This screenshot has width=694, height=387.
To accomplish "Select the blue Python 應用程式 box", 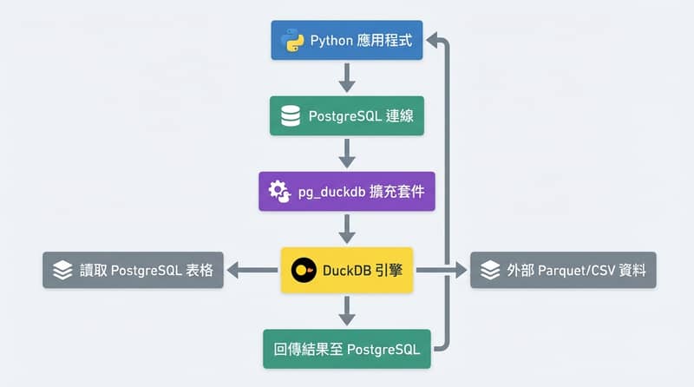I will tap(346, 41).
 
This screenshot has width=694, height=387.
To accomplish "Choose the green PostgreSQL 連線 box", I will tap(346, 115).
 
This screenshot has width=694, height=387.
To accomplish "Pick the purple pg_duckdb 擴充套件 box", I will tap(346, 191).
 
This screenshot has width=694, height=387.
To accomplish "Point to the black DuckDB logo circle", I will tap(303, 270).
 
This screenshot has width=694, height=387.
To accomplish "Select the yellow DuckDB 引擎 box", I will tap(346, 270).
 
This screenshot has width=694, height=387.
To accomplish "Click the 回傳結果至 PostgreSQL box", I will tap(346, 350).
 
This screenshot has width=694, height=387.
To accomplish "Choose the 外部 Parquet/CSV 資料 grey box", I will tap(563, 270).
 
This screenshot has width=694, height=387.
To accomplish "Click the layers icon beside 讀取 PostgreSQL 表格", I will tap(62, 270).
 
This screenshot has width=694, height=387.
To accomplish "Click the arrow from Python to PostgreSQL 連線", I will tap(347, 77).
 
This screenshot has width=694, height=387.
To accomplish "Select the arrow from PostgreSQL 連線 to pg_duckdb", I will tap(347, 153).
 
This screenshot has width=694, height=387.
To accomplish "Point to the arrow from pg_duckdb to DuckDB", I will tap(347, 229).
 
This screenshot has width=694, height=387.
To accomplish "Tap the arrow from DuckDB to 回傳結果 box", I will tap(347, 310).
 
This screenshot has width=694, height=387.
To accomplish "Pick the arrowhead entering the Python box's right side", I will tap(435, 41).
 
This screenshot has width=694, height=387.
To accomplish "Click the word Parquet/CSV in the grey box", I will tap(573, 270).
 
